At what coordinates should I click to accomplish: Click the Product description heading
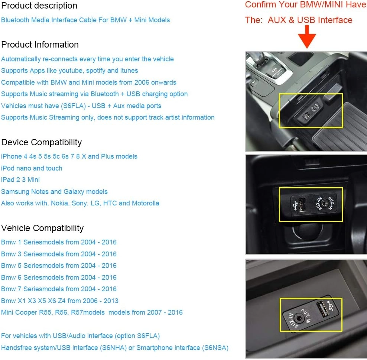point(39,6)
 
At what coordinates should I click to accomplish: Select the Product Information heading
point(40,45)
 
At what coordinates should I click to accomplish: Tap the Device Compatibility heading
point(41,142)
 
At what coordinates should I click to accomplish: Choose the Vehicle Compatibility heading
point(42,228)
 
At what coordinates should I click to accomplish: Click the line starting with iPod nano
point(32,168)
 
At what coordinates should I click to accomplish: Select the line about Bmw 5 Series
point(59,266)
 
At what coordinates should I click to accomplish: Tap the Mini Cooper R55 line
point(92,312)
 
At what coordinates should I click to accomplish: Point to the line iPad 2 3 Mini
point(20,180)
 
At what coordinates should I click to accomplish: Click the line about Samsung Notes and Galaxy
point(54,192)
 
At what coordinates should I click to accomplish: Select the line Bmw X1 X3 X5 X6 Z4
point(59,301)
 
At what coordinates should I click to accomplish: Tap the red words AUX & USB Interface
point(310,20)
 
